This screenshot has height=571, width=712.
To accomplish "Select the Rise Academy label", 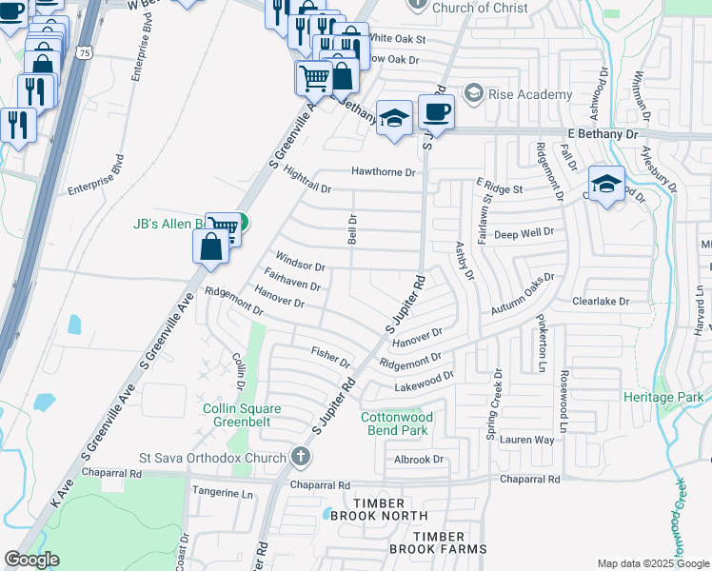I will point(530,94).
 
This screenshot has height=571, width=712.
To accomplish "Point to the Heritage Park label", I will point(663,396).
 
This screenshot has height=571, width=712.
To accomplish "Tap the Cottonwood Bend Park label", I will point(397,423).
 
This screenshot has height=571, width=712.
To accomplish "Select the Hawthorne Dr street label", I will point(385,172).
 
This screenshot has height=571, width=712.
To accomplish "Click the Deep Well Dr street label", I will point(524,232).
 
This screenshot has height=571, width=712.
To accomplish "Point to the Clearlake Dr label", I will point(602,301).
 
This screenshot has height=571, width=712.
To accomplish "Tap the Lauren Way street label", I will point(527,440).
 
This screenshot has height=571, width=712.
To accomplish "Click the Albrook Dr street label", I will point(420,459).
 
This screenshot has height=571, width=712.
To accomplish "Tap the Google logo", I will point(31,560).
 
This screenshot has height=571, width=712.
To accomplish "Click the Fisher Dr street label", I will point(331,357).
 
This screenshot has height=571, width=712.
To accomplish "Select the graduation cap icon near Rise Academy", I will point(394,119).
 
